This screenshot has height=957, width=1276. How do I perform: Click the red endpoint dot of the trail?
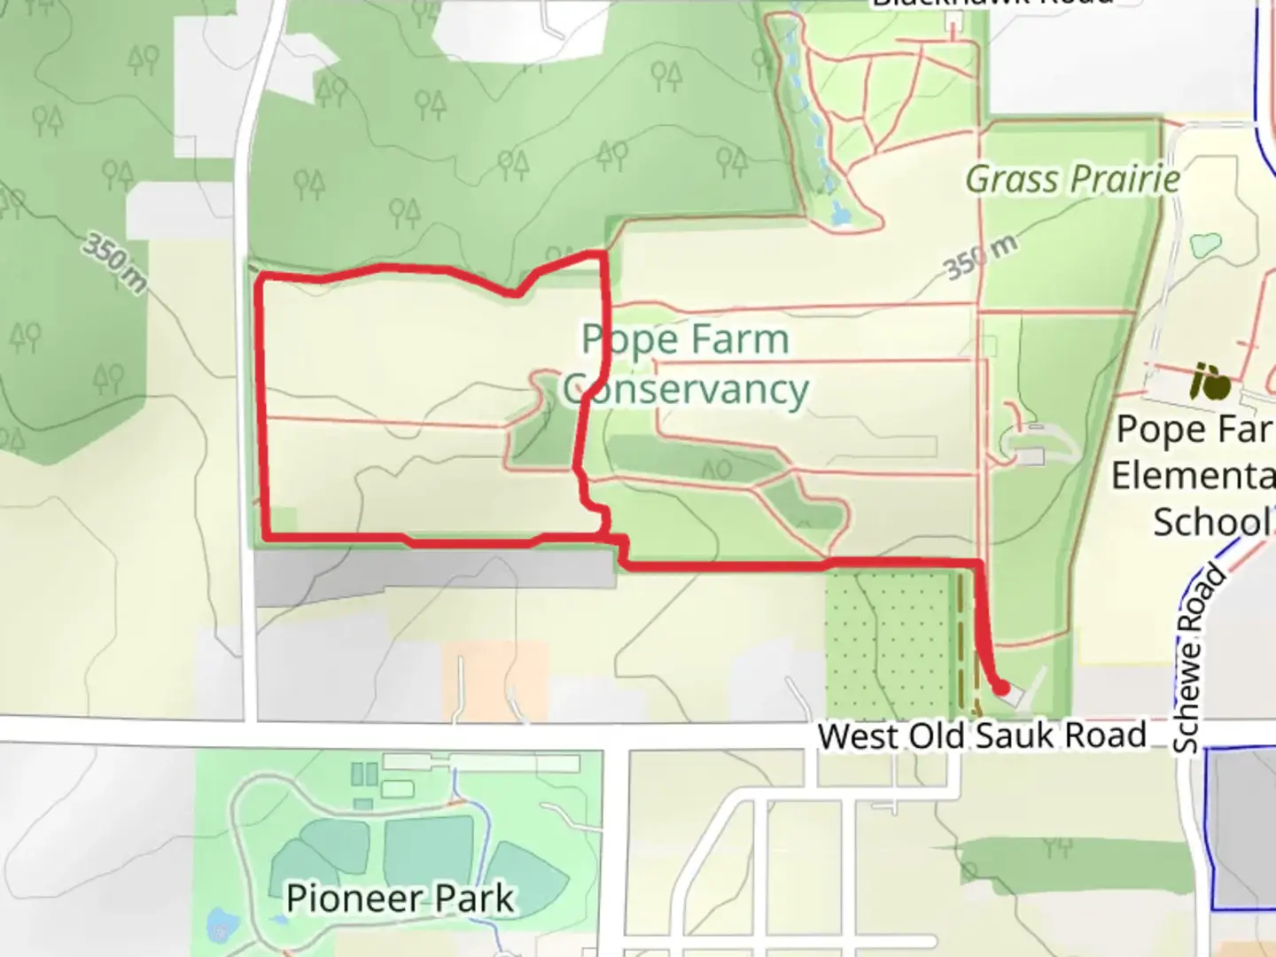pyautogui.click(x=1000, y=687)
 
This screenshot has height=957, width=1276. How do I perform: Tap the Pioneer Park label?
pyautogui.click(x=400, y=899)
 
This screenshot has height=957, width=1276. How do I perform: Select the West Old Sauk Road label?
pyautogui.click(x=982, y=735)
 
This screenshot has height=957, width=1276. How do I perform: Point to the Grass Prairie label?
pyautogui.click(x=1072, y=180)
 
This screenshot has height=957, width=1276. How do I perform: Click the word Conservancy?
pyautogui.click(x=686, y=390)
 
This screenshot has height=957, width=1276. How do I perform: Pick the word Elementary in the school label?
pyautogui.click(x=1193, y=476)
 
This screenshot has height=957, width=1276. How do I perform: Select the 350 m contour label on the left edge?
pyautogui.click(x=114, y=263)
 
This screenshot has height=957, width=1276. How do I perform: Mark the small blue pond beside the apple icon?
pyautogui.click(x=1205, y=244)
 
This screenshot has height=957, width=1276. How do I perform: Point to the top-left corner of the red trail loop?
pyautogui.click(x=260, y=281)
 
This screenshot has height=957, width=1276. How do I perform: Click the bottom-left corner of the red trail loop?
pyautogui.click(x=266, y=536)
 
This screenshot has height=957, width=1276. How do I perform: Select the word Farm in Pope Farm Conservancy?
pyautogui.click(x=737, y=339)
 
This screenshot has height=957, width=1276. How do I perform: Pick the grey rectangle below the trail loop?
pyautogui.click(x=434, y=572)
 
